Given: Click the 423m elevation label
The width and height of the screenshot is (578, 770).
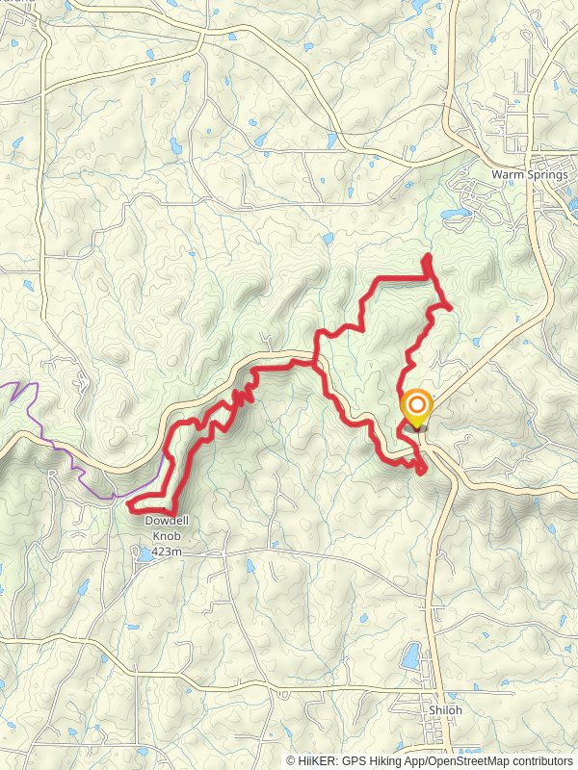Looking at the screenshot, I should point(169,554).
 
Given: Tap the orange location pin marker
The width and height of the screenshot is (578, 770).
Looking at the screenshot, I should point(416,407).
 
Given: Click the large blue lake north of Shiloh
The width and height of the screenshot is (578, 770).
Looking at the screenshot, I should point(410,658).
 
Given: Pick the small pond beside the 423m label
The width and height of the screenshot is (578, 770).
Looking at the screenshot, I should point(144,554).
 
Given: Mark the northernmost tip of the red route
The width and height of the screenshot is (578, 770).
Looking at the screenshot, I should point(427,255).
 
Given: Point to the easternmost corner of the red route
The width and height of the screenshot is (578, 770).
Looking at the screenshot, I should point(450,305).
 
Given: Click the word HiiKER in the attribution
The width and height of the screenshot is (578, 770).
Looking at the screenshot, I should point(319,760).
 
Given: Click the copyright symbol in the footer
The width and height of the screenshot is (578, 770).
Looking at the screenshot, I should point(292,760).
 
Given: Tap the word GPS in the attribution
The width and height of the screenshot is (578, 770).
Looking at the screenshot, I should point(356,760).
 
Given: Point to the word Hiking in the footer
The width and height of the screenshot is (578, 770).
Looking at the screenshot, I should point(387,760).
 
